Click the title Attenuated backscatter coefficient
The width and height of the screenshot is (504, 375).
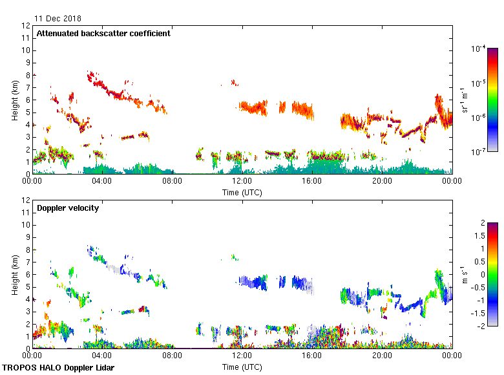(103, 33)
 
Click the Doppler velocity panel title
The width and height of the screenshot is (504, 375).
(65, 208)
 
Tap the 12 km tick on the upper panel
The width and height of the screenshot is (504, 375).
(26, 26)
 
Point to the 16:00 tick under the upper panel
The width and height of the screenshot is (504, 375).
(312, 181)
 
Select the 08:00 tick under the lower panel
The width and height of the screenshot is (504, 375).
(172, 356)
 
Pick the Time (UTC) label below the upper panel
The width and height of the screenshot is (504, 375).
(242, 192)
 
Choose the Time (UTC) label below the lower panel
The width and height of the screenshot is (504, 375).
(242, 367)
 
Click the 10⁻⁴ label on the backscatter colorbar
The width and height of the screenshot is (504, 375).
(478, 49)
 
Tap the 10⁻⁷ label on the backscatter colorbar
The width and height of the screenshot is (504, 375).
(478, 152)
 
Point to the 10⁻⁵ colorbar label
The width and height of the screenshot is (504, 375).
(478, 83)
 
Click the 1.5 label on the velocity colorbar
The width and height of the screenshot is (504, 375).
(478, 236)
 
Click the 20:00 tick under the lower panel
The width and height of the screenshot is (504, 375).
(382, 356)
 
